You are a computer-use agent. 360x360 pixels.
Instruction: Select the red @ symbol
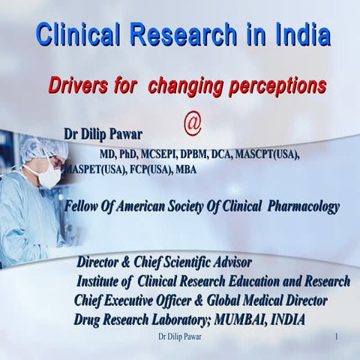coord(193,122)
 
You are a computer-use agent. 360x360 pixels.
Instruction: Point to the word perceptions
coord(277,86)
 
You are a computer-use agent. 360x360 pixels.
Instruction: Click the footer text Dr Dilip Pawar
coord(180,337)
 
